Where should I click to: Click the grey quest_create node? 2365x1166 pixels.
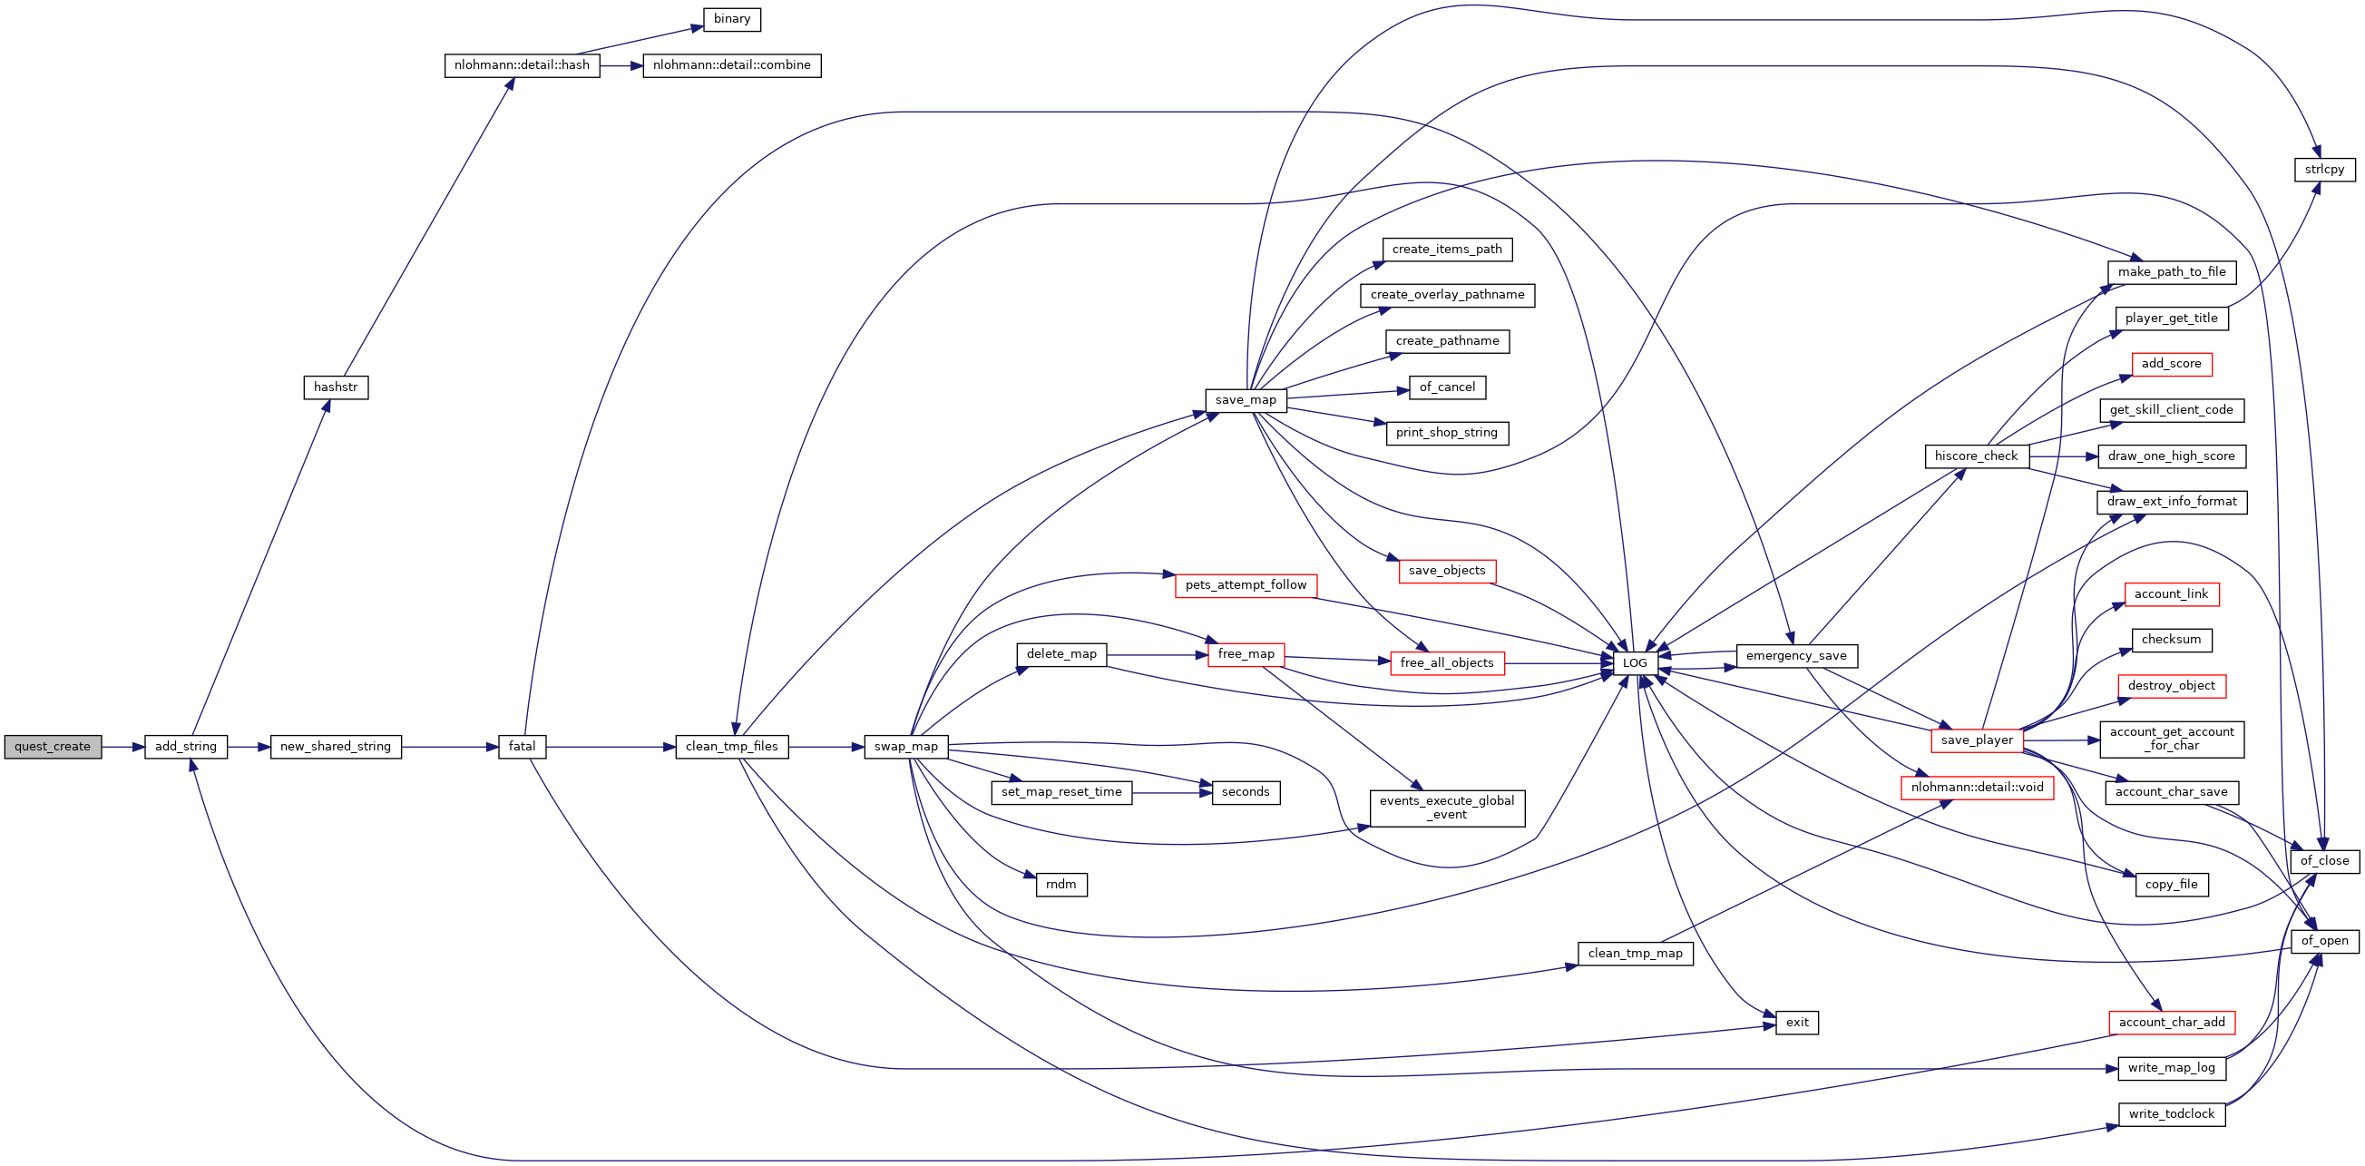pyautogui.click(x=53, y=747)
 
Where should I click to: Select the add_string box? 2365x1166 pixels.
pyautogui.click(x=185, y=747)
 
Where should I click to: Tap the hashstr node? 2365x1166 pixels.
pyautogui.click(x=335, y=387)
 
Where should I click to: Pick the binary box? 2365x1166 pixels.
pyautogui.click(x=732, y=19)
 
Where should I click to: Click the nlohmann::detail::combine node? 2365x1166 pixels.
pyautogui.click(x=732, y=65)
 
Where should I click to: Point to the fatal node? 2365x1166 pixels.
pyautogui.click(x=522, y=747)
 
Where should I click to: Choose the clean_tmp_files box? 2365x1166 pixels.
pyautogui.click(x=731, y=747)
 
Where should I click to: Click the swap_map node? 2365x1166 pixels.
pyautogui.click(x=905, y=747)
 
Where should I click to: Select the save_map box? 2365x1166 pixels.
pyautogui.click(x=1245, y=400)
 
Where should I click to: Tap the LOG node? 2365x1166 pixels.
pyautogui.click(x=1634, y=663)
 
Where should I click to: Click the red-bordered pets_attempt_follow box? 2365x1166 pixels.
pyautogui.click(x=1245, y=585)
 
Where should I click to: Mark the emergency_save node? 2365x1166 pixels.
pyautogui.click(x=1796, y=655)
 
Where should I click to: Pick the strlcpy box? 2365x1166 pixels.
pyautogui.click(x=2323, y=170)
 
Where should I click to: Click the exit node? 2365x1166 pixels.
pyautogui.click(x=1797, y=1022)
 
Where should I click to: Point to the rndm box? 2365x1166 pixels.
pyautogui.click(x=1060, y=884)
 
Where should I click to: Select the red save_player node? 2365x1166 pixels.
pyautogui.click(x=1976, y=740)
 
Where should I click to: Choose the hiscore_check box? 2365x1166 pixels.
pyautogui.click(x=1976, y=456)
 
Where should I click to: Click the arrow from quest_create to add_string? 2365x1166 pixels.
pyautogui.click(x=123, y=747)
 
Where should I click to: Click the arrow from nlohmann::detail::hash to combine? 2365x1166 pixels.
pyautogui.click(x=621, y=66)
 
